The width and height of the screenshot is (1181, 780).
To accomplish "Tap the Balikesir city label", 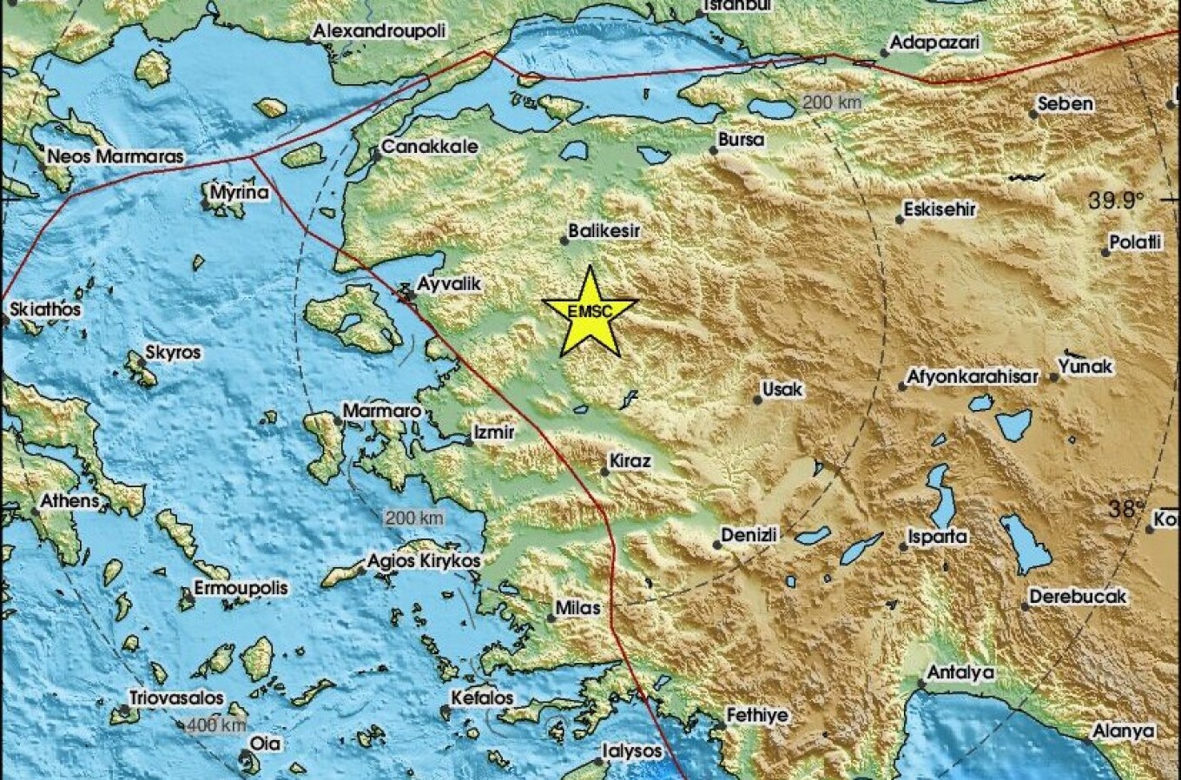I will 604,232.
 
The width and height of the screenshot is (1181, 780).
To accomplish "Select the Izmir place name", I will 493,433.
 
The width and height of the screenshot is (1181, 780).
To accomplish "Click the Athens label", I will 69,501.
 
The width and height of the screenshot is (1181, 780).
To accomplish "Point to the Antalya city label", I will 960,673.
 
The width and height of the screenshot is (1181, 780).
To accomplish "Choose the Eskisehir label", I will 940,209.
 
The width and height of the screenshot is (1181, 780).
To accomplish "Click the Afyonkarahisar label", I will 973,377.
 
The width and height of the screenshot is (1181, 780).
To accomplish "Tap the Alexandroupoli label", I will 379,31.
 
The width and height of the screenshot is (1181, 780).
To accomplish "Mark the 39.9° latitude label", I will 1117,202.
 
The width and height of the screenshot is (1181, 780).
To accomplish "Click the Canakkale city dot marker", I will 377,156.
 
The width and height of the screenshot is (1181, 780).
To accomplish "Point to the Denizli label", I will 749,535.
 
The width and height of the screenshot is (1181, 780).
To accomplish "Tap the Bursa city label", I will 742,140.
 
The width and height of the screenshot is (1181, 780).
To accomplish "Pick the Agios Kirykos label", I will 424,562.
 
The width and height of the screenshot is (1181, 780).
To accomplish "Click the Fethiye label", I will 757,716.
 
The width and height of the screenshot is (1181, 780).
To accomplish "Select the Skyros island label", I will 173,353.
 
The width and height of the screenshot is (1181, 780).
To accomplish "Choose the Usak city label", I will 782,390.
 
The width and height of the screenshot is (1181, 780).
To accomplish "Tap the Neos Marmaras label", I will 115,157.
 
